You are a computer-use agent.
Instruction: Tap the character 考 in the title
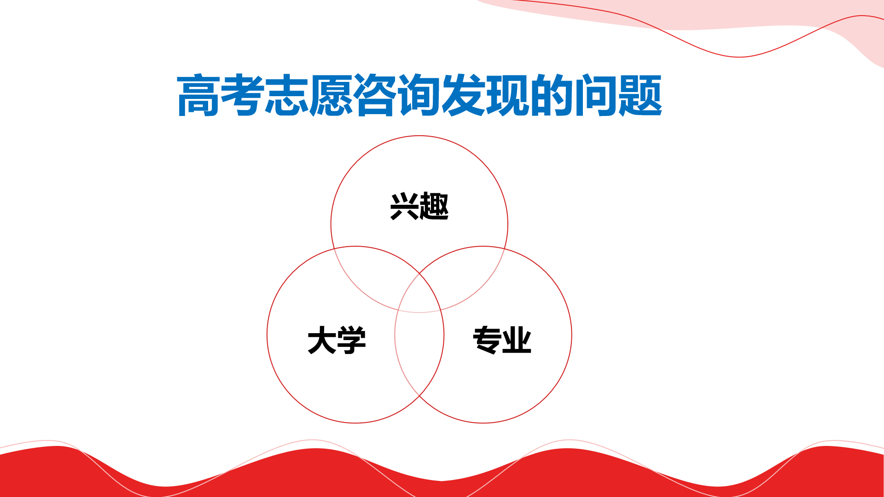point(242,95)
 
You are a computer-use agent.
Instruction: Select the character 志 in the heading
point(286,95)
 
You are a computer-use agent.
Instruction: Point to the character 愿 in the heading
point(331,95)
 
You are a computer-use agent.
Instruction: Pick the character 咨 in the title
point(375,95)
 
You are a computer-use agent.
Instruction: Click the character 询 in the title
point(419,95)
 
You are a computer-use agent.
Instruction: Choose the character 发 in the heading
point(464,95)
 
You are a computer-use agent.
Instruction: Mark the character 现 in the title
point(508,95)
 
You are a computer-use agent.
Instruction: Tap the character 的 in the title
point(552,95)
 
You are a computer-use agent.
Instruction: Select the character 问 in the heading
point(596,95)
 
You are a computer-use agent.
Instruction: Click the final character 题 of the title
point(640,95)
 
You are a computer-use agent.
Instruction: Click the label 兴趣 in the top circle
point(419,206)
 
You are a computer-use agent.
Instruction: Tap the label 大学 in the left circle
point(337,341)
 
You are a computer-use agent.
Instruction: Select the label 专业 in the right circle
point(502,340)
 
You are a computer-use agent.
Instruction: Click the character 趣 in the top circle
point(434,206)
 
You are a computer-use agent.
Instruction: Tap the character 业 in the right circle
point(517,340)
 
